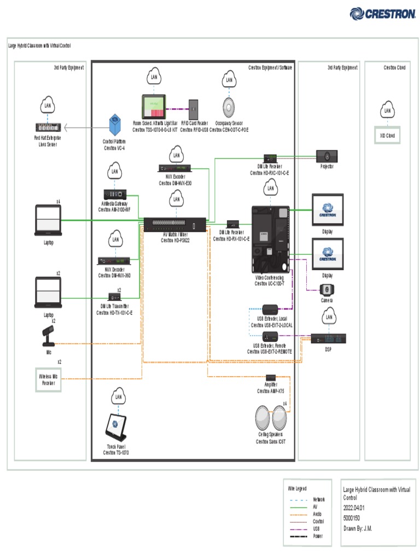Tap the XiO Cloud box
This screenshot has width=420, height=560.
click(x=387, y=135)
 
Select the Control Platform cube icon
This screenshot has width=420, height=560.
click(x=115, y=126)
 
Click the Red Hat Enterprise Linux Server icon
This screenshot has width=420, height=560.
click(x=48, y=128)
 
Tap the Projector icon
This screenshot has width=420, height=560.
click(x=327, y=156)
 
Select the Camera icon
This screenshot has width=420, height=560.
click(x=327, y=290)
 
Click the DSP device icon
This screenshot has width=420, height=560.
click(x=328, y=339)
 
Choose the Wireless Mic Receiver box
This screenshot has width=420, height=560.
click(x=48, y=380)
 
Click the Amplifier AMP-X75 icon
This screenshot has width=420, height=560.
click(x=271, y=378)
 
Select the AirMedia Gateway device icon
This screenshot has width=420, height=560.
click(x=115, y=194)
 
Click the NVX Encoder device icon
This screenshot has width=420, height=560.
click(x=175, y=168)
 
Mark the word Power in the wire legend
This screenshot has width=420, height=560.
click(x=318, y=536)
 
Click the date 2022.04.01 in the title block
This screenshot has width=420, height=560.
click(x=354, y=507)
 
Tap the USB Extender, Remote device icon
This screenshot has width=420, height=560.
click(x=270, y=336)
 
